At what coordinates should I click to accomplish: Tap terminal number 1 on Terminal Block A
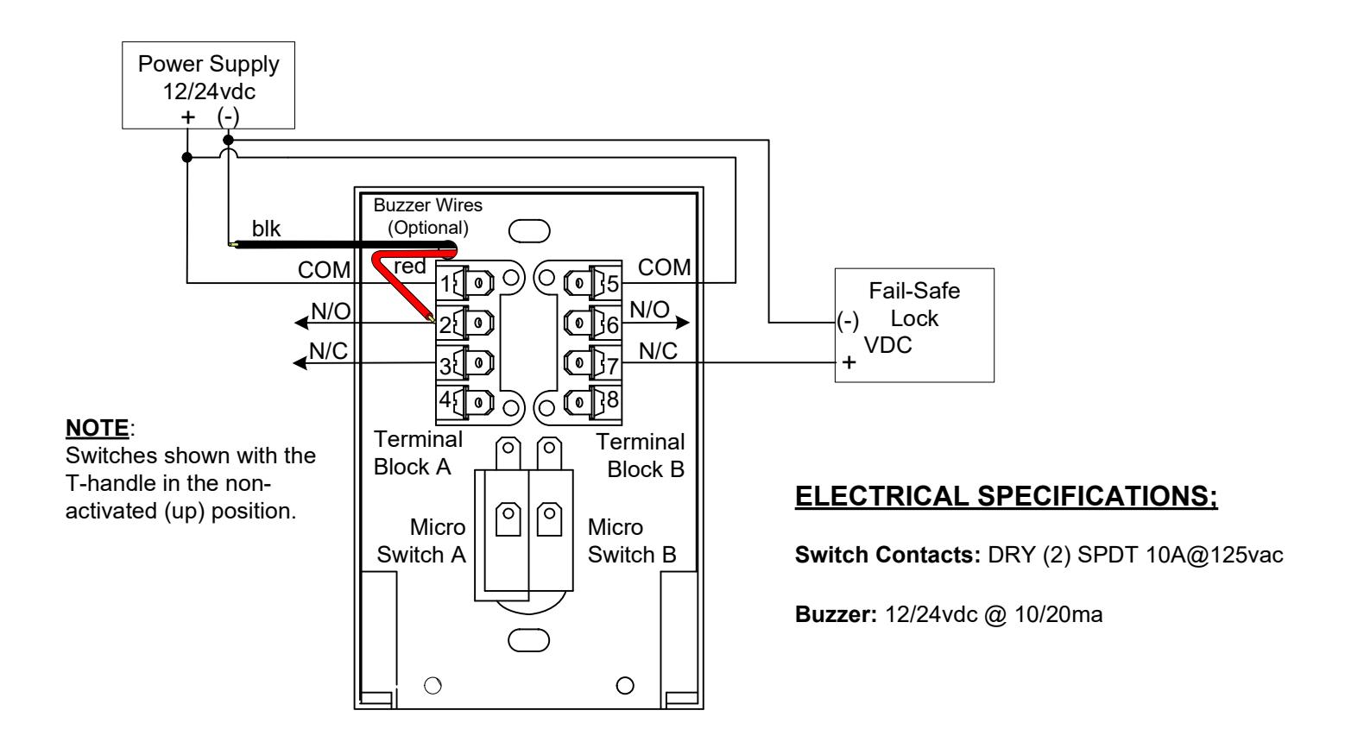(445, 284)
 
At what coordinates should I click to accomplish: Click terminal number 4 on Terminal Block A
(445, 399)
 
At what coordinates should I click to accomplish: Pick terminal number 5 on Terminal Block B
(612, 284)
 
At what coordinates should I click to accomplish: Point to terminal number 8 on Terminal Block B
(612, 399)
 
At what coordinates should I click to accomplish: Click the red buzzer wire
(402, 282)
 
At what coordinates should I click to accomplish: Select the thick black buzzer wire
(342, 245)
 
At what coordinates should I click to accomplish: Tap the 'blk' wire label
(266, 229)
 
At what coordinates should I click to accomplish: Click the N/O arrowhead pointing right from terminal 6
(683, 323)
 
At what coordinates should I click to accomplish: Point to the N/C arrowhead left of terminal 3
(300, 363)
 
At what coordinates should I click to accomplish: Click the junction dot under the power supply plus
(187, 157)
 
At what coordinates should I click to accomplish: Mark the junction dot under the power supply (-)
(228, 141)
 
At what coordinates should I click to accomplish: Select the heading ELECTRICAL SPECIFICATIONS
(1007, 497)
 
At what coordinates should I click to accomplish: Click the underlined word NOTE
(97, 428)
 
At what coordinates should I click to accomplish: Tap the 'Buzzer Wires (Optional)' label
(427, 217)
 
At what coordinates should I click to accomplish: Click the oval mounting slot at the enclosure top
(529, 231)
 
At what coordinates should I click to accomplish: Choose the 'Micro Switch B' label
(632, 541)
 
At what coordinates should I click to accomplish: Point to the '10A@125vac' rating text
(1214, 555)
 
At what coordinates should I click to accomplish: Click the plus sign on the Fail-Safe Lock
(849, 362)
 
